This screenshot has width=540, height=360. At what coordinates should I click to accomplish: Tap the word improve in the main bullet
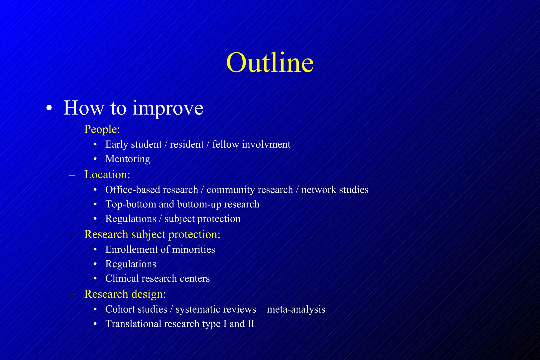pyautogui.click(x=168, y=108)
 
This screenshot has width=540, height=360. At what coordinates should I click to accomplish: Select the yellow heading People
pyautogui.click(x=100, y=129)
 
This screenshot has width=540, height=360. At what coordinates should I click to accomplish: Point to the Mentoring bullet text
pyautogui.click(x=128, y=159)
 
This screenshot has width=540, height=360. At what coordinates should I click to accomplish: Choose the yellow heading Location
pyautogui.click(x=106, y=174)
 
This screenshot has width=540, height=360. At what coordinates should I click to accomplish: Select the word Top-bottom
pyautogui.click(x=131, y=204)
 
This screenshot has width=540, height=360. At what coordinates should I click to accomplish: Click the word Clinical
pyautogui.click(x=122, y=279)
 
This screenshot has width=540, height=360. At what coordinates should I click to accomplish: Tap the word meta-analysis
pyautogui.click(x=296, y=309)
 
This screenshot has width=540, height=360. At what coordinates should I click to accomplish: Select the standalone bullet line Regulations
pyautogui.click(x=131, y=264)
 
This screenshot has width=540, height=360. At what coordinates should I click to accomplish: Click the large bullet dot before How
pyautogui.click(x=49, y=108)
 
